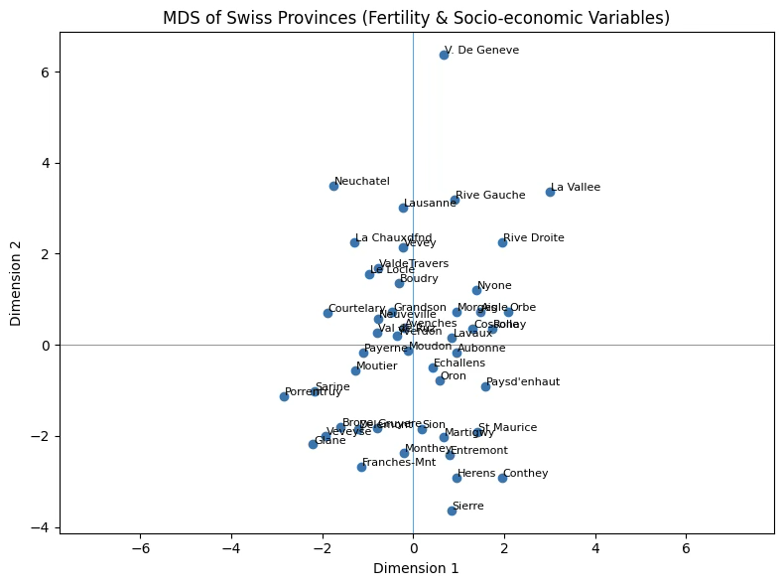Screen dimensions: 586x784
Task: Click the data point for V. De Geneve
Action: coord(444,55)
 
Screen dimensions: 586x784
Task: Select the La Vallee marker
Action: coord(550,192)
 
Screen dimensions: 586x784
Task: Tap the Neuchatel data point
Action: coord(333,186)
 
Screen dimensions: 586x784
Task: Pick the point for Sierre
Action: coord(452,511)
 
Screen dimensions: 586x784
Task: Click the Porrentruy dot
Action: coord(284,396)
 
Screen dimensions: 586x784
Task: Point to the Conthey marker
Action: coord(502,478)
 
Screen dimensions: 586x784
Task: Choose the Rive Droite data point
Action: coord(502,242)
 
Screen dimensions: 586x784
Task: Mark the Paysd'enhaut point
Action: coord(485,386)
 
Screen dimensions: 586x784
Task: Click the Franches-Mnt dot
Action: coord(361,467)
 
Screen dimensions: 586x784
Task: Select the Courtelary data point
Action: coord(327,313)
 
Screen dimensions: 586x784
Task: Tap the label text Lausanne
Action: coord(430,203)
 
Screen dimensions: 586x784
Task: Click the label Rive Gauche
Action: coord(490,195)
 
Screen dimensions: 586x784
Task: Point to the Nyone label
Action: coord(494,285)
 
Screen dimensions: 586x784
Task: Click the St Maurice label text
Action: coord(507,427)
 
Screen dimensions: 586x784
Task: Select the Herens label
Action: coord(476,473)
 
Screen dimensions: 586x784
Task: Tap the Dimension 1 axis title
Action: coord(417,568)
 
